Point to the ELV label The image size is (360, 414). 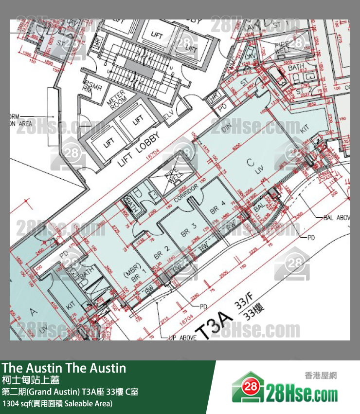(169, 115)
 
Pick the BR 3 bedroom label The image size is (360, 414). (188, 229)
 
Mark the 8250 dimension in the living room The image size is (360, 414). (251, 146)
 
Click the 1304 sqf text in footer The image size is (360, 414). (57, 404)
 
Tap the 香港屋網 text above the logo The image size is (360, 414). (321, 375)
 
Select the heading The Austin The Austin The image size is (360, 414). (64, 368)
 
